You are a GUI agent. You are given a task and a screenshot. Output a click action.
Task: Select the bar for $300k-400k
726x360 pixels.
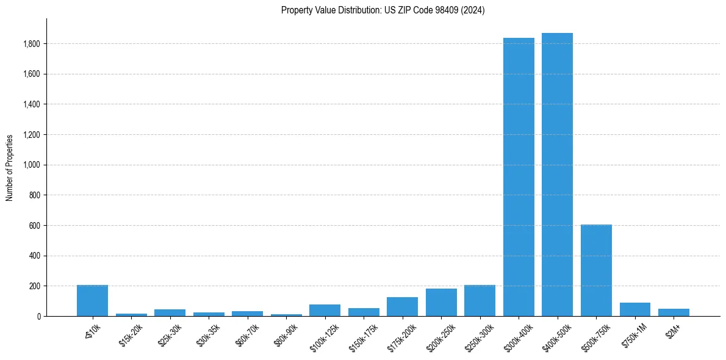(x=519, y=177)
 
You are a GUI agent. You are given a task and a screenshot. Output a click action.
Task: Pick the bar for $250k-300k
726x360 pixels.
(x=480, y=301)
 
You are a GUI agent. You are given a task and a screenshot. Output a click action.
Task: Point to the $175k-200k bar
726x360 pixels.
(x=402, y=307)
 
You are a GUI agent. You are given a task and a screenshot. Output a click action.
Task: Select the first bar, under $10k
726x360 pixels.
(x=92, y=301)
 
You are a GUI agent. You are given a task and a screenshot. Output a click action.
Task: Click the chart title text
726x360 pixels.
(x=383, y=10)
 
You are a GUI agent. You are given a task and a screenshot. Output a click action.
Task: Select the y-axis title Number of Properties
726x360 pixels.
(x=10, y=167)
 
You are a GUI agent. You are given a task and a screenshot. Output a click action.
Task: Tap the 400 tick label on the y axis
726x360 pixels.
(x=34, y=256)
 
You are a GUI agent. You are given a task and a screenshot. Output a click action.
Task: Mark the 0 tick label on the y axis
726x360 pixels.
(x=38, y=316)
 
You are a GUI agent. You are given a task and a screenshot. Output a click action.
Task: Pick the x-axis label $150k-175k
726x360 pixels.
(x=363, y=336)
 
